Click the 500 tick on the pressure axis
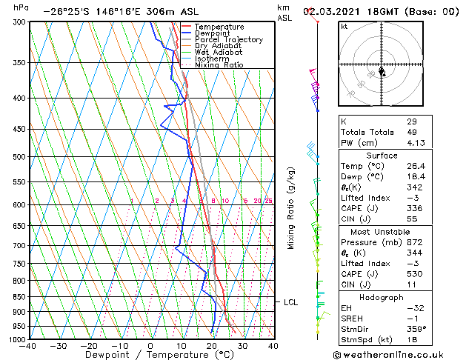[x=17, y=157]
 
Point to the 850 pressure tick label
[x=17, y=296]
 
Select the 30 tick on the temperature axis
[x=242, y=345]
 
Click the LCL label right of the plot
[x=290, y=302]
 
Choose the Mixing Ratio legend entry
[x=219, y=64]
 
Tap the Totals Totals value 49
[x=412, y=132]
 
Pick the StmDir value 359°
[x=416, y=329]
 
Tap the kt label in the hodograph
[x=344, y=26]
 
